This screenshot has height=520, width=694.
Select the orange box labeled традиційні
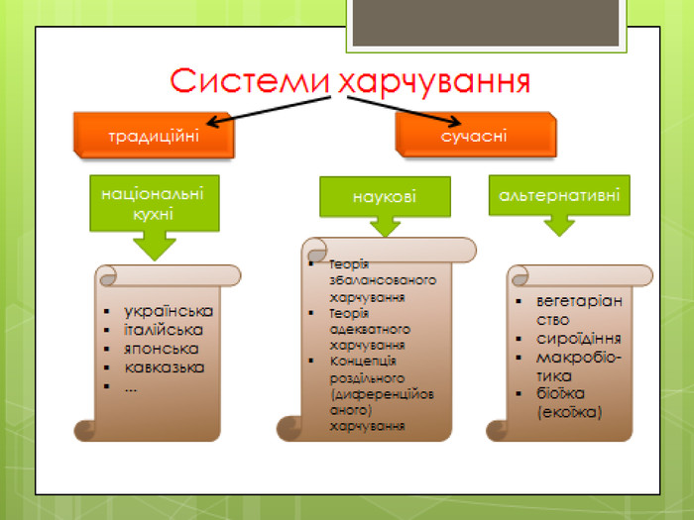pos(154,135)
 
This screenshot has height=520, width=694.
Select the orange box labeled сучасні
pos(474,135)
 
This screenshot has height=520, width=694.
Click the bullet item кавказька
pos(165,367)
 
